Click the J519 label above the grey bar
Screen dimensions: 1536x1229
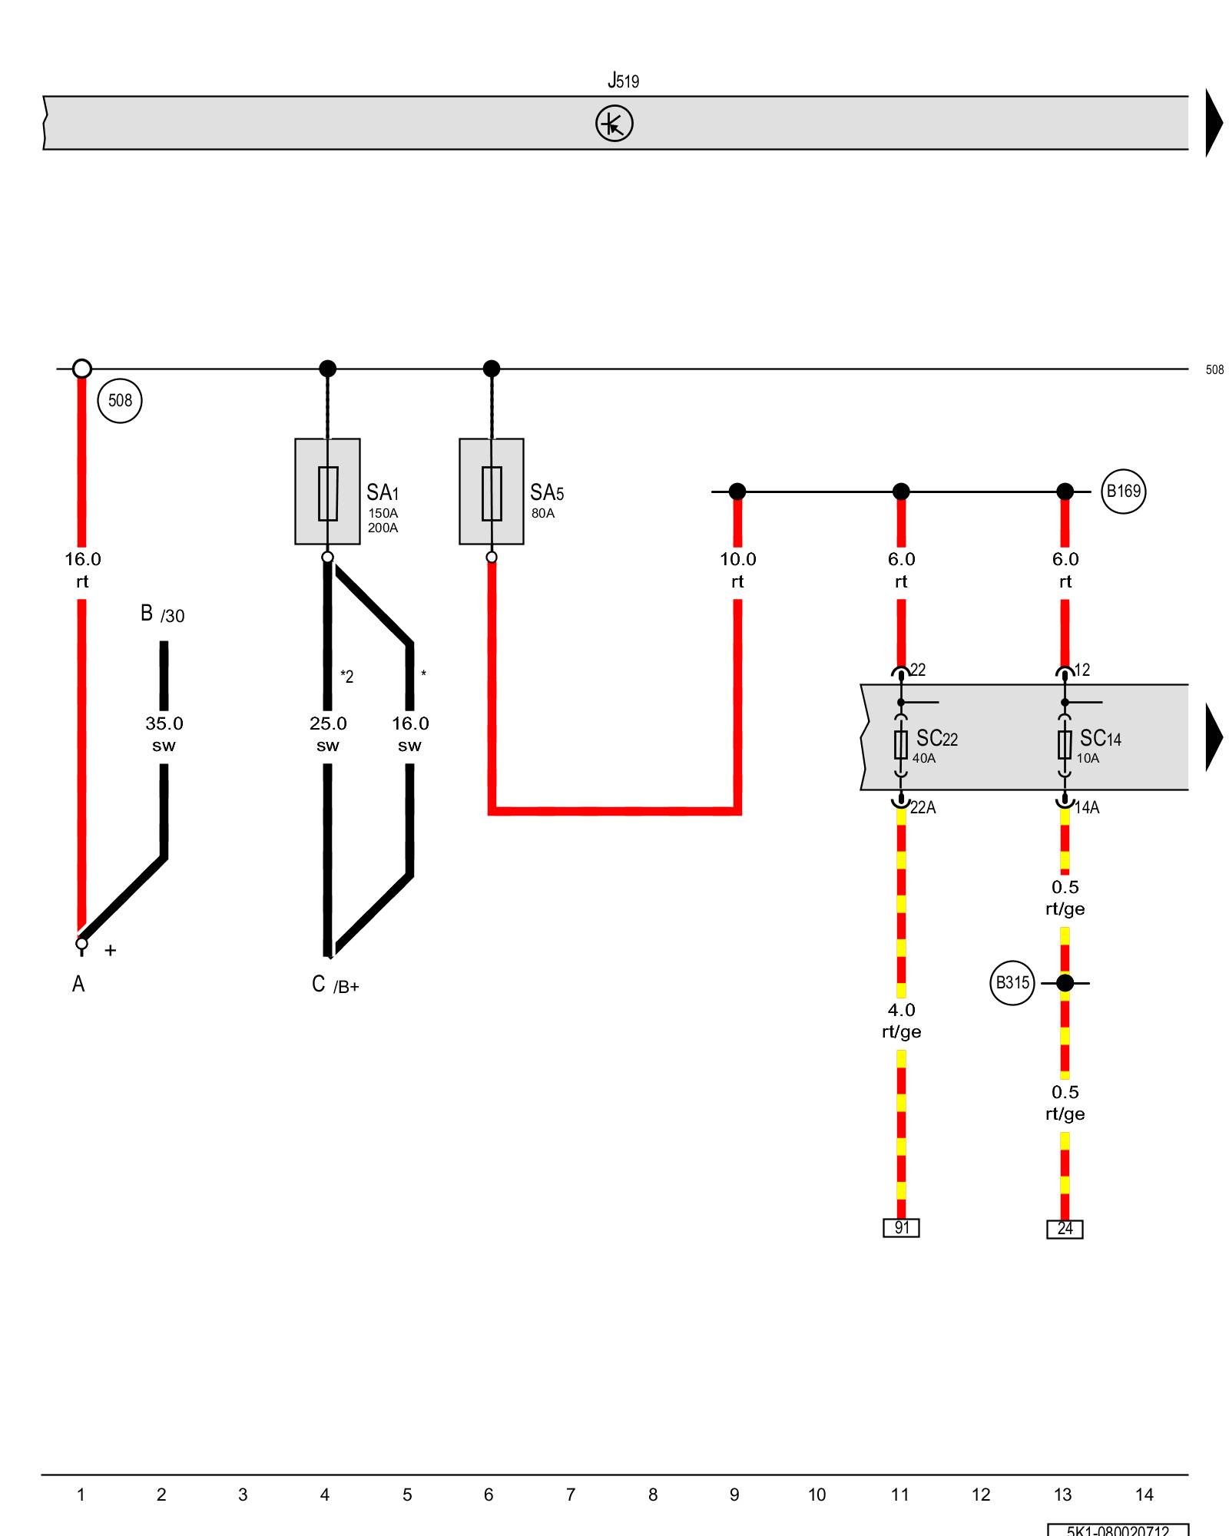tap(622, 80)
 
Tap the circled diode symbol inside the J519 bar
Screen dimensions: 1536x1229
tap(614, 124)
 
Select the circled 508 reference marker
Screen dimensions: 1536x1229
tap(120, 400)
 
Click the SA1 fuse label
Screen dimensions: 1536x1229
tap(382, 492)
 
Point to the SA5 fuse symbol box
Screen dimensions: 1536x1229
tap(492, 492)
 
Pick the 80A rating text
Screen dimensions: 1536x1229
tap(542, 513)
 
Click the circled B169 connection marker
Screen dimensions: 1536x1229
tap(1123, 492)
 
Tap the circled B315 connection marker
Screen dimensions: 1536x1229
tap(1012, 982)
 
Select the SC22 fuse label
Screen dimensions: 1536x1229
tap(936, 738)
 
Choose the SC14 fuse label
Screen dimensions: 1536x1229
tap(1100, 738)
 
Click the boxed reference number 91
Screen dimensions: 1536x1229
tap(901, 1227)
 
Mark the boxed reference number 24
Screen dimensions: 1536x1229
tap(1065, 1229)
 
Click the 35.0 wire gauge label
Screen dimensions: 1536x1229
tap(164, 723)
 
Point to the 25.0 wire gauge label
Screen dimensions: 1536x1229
tap(328, 723)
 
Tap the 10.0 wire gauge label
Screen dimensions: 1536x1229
tap(737, 559)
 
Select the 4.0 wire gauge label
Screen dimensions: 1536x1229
tap(901, 1010)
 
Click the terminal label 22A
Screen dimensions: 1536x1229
tap(923, 807)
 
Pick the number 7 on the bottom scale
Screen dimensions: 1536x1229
tap(571, 1495)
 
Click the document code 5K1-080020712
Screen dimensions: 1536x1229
tap(1118, 1530)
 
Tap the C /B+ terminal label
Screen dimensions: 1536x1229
tap(335, 985)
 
